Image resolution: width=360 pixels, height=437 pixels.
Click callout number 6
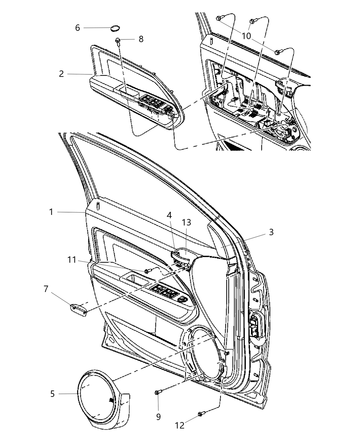pyautogui.click(x=77, y=28)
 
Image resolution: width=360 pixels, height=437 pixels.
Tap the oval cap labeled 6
pyautogui.click(x=116, y=28)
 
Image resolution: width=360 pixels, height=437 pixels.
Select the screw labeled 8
pyautogui.click(x=118, y=40)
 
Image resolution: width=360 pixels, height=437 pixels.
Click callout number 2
pyautogui.click(x=61, y=74)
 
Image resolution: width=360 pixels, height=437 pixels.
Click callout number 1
pyautogui.click(x=51, y=212)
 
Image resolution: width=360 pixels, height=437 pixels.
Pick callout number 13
pyautogui.click(x=187, y=222)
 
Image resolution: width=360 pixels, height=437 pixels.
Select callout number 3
pyautogui.click(x=271, y=232)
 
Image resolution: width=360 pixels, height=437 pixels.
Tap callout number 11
pyautogui.click(x=71, y=260)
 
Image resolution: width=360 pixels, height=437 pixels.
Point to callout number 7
pyautogui.click(x=46, y=289)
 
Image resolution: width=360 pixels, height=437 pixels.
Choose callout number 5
pyautogui.click(x=52, y=394)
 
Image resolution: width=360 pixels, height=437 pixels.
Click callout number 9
pyautogui.click(x=158, y=417)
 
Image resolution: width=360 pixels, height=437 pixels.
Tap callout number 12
pyautogui.click(x=179, y=425)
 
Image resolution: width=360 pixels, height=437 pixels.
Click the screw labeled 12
pyautogui.click(x=201, y=414)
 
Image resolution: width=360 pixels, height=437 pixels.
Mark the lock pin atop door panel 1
pyautogui.click(x=98, y=206)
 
